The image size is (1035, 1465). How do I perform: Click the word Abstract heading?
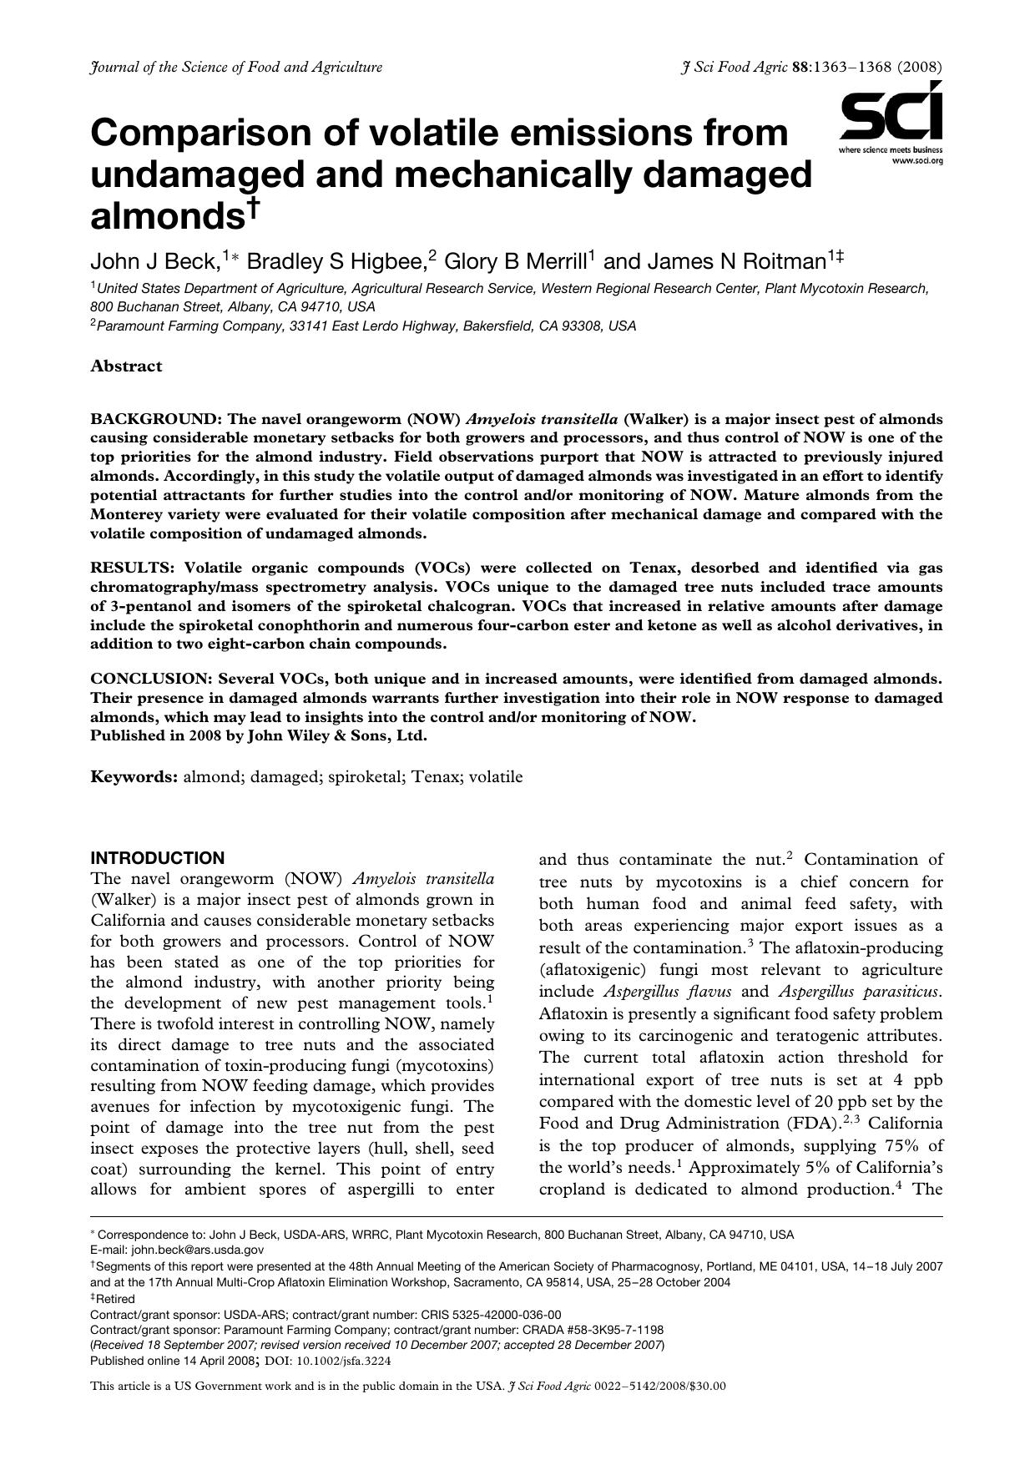pos(126,366)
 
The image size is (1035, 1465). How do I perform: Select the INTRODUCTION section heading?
pos(157,858)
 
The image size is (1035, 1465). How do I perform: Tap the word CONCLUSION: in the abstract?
pos(151,679)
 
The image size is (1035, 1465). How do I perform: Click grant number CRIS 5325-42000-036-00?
pos(480,1314)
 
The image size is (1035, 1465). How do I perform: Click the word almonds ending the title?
pos(167,216)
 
